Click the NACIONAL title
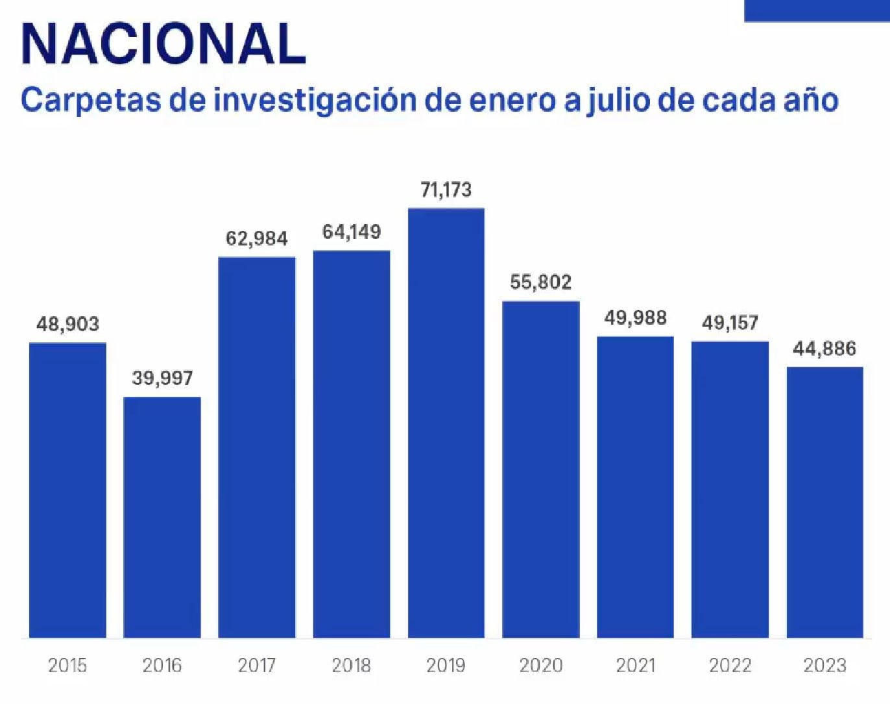click(x=163, y=44)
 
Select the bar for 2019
click(x=446, y=422)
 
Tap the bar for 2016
click(x=162, y=517)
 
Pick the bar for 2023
click(x=824, y=502)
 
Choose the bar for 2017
click(x=257, y=447)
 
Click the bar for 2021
click(x=635, y=486)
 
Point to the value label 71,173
click(x=446, y=190)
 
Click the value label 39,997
click(x=162, y=378)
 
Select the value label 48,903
click(x=67, y=324)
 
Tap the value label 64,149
click(x=352, y=232)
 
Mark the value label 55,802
click(x=541, y=282)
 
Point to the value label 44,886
click(x=824, y=349)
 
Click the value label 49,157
click(x=730, y=323)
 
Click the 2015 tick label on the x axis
click(x=67, y=666)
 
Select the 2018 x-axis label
click(x=352, y=666)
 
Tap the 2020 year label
click(x=541, y=666)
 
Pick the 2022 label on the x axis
click(x=730, y=666)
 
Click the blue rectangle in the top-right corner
click(x=817, y=10)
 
